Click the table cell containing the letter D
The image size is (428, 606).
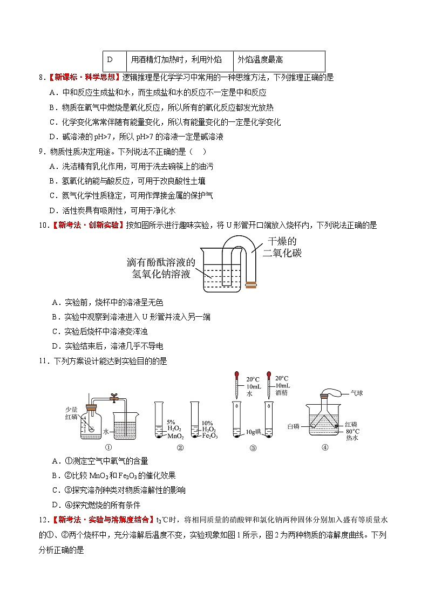pyautogui.click(x=114, y=60)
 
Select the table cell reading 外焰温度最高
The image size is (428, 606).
pyautogui.click(x=280, y=60)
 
